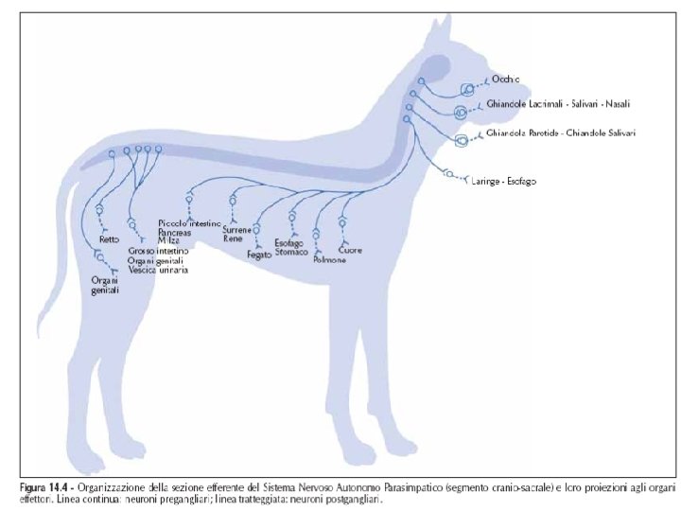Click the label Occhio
point(507,81)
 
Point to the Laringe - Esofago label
point(503,181)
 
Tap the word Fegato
point(258,255)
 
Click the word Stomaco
point(292,252)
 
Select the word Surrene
point(237,230)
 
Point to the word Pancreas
point(175,232)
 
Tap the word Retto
point(108,240)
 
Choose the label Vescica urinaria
point(158,271)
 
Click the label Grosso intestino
point(160,251)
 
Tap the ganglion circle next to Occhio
point(468,89)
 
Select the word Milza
point(169,241)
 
